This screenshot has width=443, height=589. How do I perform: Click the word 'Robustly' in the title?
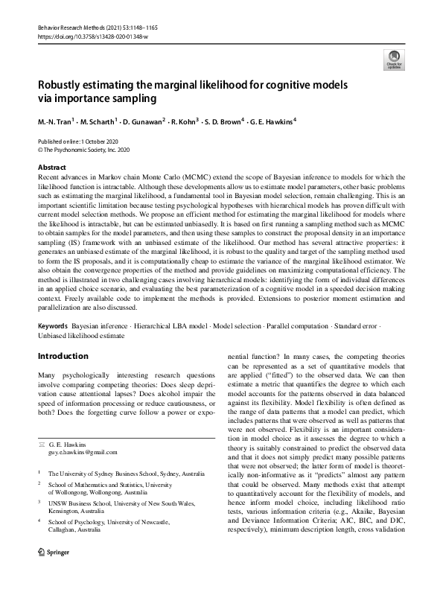click(62, 85)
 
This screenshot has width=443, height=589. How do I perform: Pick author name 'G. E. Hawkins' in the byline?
click(272, 121)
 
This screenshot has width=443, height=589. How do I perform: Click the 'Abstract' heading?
click(51, 168)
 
